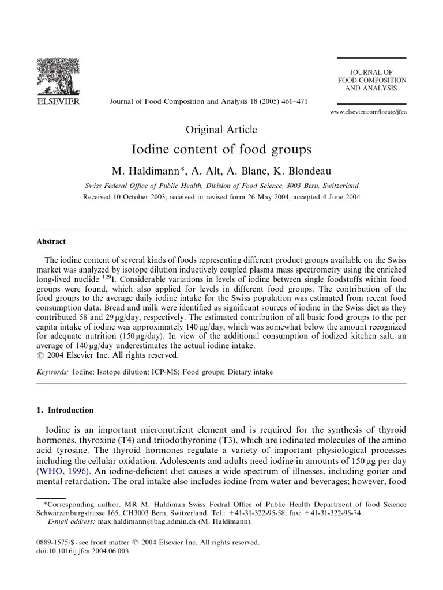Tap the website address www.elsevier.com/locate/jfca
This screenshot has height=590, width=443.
coord(368,112)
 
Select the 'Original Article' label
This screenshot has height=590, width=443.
coord(221,130)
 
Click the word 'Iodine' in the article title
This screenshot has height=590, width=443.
coord(151,149)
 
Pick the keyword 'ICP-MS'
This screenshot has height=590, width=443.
coord(160,372)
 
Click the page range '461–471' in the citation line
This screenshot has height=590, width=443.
coord(291,101)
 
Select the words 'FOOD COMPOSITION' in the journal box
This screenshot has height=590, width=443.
coord(372,80)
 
